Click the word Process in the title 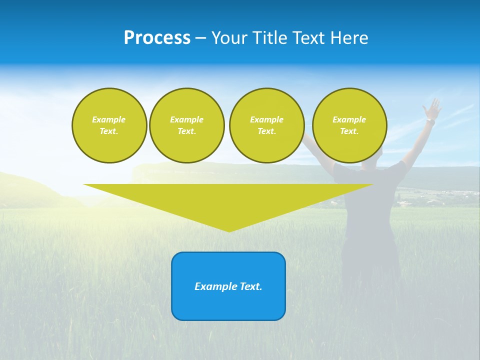pos(157,38)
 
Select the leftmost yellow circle pos(109,125)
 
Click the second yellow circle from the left pos(187,125)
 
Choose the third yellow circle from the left pos(266,125)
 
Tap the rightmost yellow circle pos(349,125)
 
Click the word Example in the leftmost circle pos(109,119)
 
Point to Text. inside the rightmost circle pos(349,131)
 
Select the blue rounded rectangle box pos(228,286)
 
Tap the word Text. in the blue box pos(251,286)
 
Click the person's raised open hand pos(432,107)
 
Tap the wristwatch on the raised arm pos(430,121)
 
